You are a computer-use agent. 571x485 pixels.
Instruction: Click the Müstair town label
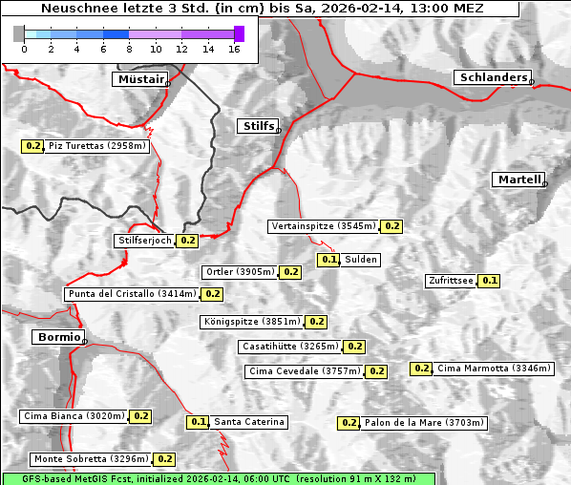pos(139,79)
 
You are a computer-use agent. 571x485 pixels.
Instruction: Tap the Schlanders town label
pos(492,78)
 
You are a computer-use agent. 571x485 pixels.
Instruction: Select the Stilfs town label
pos(257,126)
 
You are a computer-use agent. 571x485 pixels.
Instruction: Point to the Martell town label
pos(518,179)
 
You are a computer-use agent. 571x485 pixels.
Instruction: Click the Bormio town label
pos(56,337)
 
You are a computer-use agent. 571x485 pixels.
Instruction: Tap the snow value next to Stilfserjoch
pos(187,241)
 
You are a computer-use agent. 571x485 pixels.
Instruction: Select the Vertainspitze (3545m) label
pos(323,226)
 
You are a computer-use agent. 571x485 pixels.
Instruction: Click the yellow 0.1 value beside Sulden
pos(329,260)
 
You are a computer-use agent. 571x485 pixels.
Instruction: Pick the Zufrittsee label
pos(450,281)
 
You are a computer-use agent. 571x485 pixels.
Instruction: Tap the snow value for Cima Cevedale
pos(376,371)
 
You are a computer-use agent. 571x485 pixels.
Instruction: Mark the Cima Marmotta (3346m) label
pos(480,369)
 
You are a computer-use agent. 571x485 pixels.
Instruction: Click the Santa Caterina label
pos(248,422)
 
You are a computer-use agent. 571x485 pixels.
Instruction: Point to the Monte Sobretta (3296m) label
pos(90,459)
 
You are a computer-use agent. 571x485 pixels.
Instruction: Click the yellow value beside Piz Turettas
pos(33,146)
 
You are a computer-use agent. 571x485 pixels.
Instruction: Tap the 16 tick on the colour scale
pos(233,49)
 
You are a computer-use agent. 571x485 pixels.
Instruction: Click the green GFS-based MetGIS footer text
pos(218,477)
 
